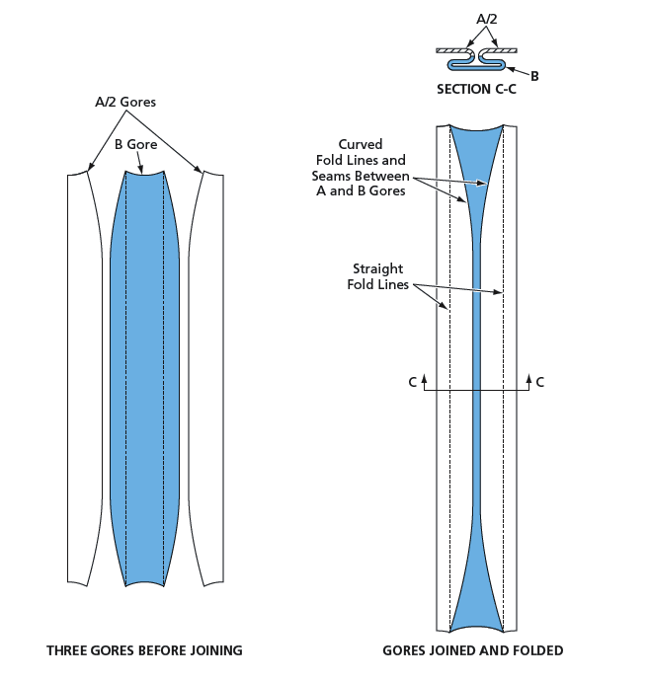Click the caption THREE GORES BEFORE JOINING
pos(144,651)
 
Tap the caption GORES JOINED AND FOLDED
pos(472,651)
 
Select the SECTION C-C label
pos(477,90)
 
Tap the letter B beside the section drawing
pos(534,76)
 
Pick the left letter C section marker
pos(413,382)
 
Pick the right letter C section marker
pos(540,382)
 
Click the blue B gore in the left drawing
pos(144,375)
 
